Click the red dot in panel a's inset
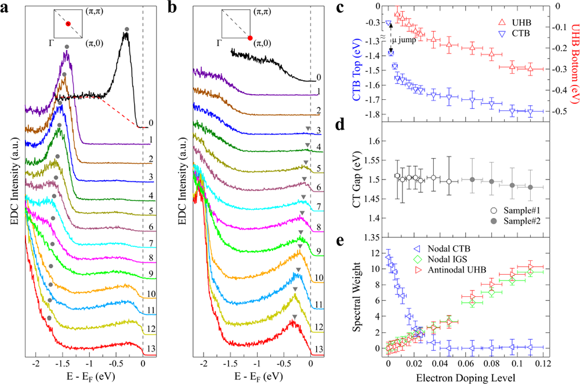[x=68, y=23]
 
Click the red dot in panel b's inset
[x=250, y=38]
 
